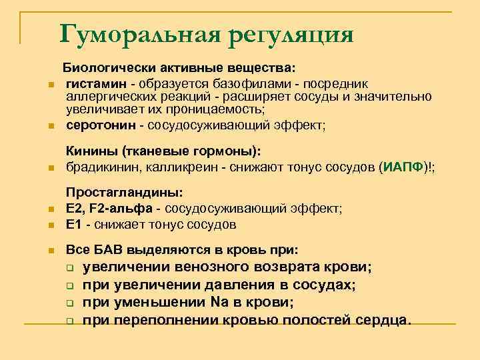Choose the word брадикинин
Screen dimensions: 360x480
[98, 167]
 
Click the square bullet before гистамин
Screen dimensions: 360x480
[50, 84]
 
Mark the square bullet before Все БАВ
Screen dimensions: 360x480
[50, 252]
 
